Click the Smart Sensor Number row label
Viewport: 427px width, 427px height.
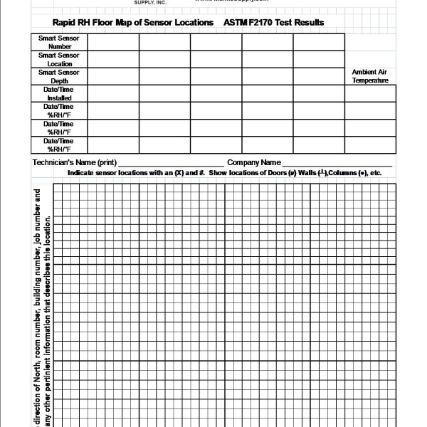tap(60, 42)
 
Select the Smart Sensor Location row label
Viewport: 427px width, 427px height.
tap(60, 59)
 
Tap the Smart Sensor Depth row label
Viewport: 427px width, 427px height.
tap(60, 76)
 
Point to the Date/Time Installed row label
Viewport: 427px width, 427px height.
tap(60, 93)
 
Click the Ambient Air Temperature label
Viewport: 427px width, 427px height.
tap(370, 76)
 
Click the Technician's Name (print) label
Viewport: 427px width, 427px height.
tap(75, 163)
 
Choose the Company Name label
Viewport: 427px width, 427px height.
tap(253, 163)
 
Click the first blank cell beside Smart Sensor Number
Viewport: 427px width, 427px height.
tap(113, 42)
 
